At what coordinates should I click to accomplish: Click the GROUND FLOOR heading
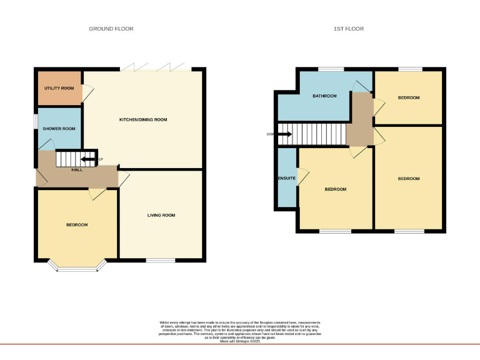click(111, 29)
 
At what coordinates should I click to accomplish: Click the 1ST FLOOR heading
click(349, 29)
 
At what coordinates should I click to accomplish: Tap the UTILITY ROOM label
click(59, 88)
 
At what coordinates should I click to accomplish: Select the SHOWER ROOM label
click(59, 129)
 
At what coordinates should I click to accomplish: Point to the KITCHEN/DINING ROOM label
click(143, 119)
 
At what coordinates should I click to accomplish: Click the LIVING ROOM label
click(161, 215)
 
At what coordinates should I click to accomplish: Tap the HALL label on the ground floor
click(77, 170)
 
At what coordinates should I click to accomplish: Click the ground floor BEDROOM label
click(77, 224)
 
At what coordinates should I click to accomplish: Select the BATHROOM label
click(324, 96)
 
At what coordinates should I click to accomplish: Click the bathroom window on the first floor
click(331, 68)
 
